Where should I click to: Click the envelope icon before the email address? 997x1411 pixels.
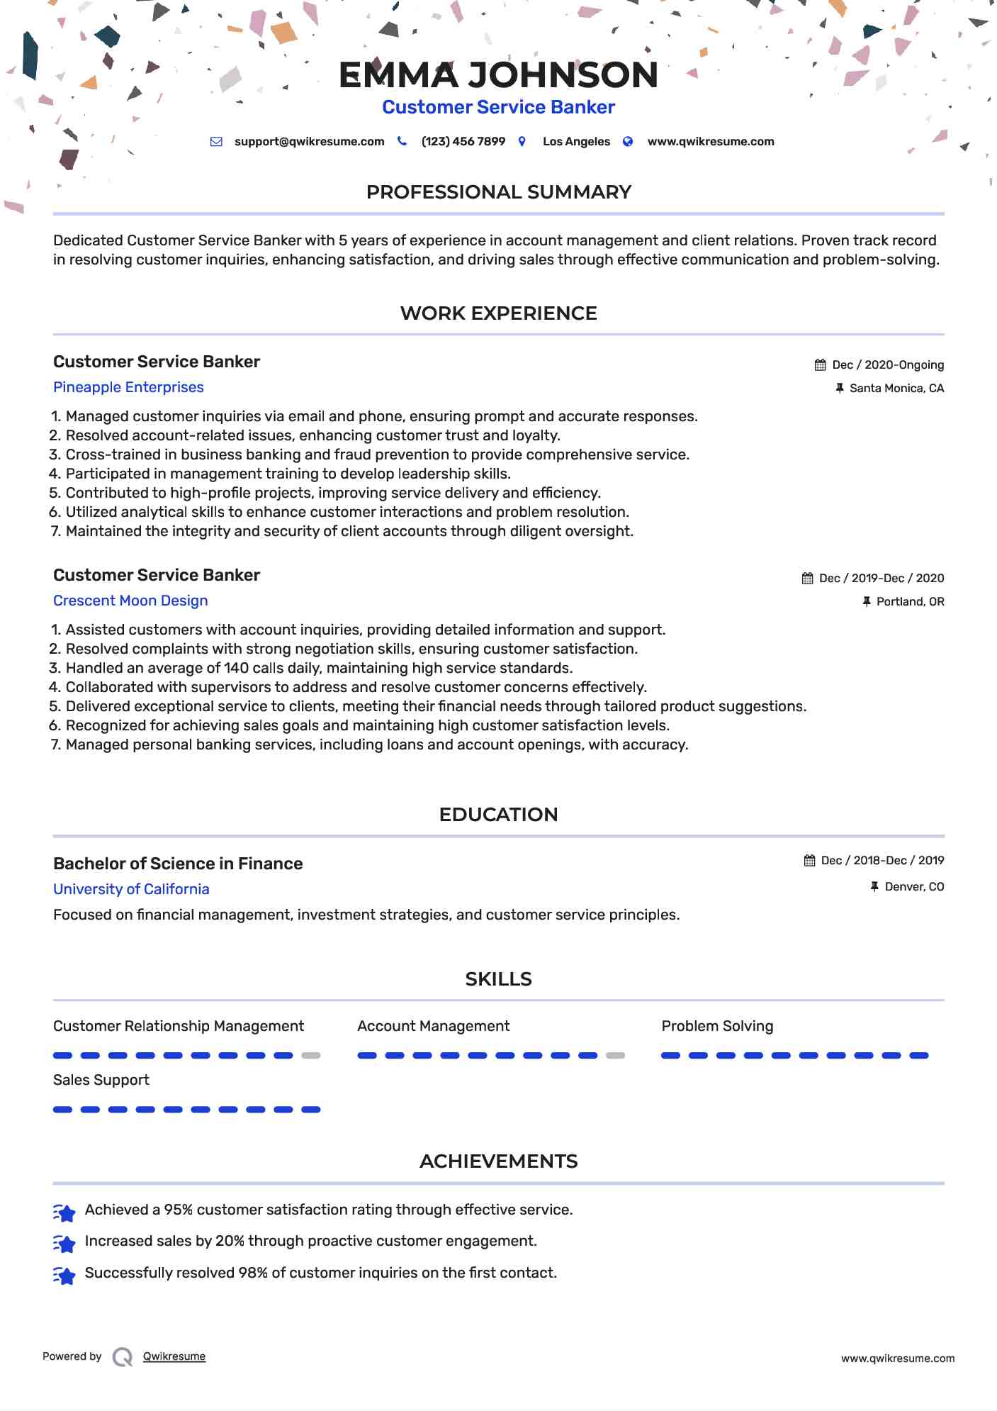coord(216,142)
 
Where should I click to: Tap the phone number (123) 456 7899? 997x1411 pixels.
coord(463,142)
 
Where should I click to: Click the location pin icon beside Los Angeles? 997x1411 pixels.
coord(522,142)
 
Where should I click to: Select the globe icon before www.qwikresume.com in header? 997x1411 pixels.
coord(628,142)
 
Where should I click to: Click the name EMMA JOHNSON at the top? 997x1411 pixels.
coord(498,75)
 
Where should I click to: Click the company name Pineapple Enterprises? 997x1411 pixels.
coord(128,387)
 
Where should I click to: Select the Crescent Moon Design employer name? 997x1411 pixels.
coord(130,601)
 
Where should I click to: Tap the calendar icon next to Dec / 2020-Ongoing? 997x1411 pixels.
coord(820,365)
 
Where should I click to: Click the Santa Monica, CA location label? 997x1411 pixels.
coord(896,389)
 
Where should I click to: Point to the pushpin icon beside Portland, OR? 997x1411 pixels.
coord(866,602)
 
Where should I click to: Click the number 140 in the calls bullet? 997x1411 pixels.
coord(236,668)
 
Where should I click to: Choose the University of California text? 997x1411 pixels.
coord(131,889)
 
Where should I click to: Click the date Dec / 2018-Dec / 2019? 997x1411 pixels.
coord(882,861)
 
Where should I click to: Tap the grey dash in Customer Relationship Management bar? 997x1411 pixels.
coord(310,1056)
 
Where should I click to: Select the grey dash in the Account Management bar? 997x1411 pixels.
coord(615,1056)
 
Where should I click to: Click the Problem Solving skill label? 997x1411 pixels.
coord(717,1026)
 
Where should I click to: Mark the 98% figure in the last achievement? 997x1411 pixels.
coord(253,1273)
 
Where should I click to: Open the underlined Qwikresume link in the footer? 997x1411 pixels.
coord(174,1356)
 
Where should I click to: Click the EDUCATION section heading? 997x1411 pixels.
coord(498,815)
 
